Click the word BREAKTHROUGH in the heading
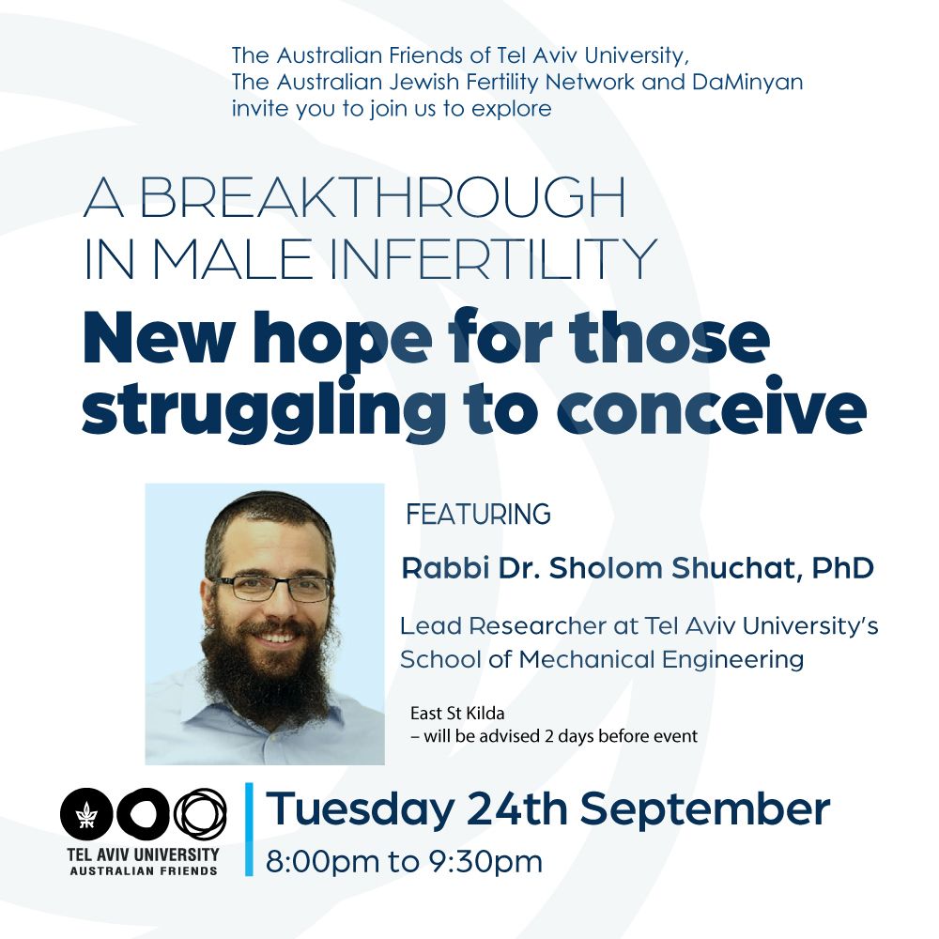click(382, 197)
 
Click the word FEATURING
click(479, 514)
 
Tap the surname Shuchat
click(735, 568)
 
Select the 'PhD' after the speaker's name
click(843, 568)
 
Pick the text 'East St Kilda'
click(457, 714)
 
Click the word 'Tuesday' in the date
click(360, 809)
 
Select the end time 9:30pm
click(485, 862)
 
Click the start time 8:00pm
click(323, 862)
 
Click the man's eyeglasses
click(271, 587)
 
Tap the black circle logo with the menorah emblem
click(86, 814)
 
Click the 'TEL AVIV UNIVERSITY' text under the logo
click(143, 854)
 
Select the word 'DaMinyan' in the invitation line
click(747, 82)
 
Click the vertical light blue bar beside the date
click(249, 829)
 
